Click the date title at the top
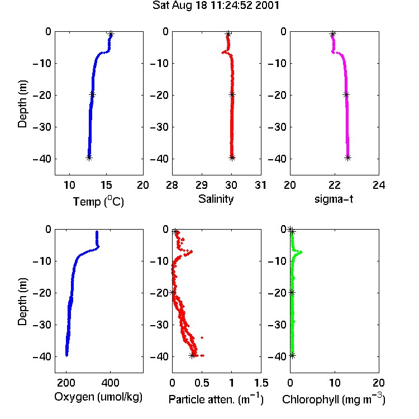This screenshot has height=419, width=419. (x=216, y=5)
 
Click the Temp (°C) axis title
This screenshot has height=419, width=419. (x=98, y=201)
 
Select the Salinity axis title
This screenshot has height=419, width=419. (x=216, y=199)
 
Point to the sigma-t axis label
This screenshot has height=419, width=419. (x=334, y=199)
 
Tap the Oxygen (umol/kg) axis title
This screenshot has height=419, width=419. (x=98, y=397)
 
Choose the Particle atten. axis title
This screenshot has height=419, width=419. (x=216, y=399)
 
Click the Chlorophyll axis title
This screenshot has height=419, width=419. (x=334, y=399)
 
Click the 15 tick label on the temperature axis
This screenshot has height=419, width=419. (x=106, y=185)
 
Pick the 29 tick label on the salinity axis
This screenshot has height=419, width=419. (x=202, y=185)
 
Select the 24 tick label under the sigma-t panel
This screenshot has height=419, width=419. (x=379, y=185)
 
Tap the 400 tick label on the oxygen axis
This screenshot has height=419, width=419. (x=110, y=383)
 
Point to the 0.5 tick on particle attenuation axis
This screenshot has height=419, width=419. (x=202, y=383)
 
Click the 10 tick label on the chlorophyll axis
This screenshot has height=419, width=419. (x=335, y=383)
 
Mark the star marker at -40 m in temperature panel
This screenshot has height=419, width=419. (x=89, y=158)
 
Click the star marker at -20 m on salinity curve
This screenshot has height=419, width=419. (x=232, y=94)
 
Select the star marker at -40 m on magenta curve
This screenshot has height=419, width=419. (x=347, y=158)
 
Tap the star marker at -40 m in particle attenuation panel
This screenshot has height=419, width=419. (x=192, y=356)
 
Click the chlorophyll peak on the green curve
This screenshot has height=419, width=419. (x=301, y=252)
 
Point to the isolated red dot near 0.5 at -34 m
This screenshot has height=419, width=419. (x=202, y=338)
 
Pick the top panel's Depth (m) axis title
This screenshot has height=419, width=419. (x=22, y=104)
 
